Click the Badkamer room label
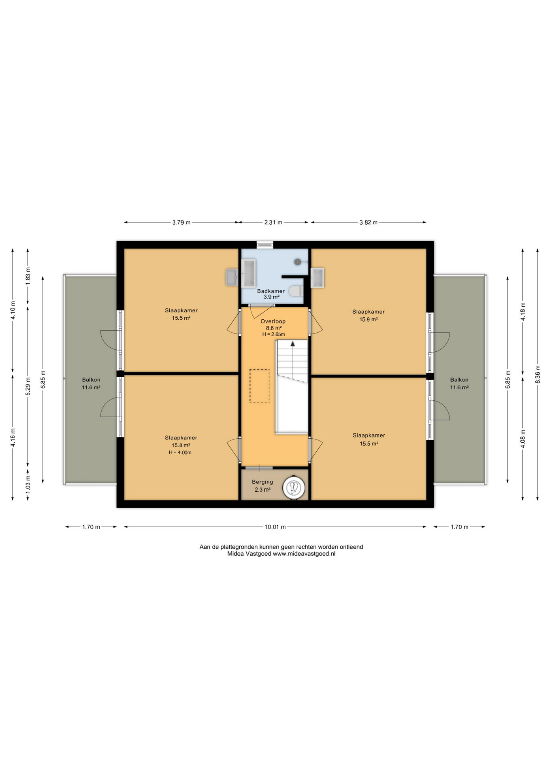[x=271, y=291]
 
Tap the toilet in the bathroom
[x=296, y=291]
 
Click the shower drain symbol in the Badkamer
[x=298, y=262]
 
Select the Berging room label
[x=262, y=482]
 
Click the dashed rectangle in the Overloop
[x=260, y=386]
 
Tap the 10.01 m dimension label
[x=275, y=527]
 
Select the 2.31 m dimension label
[x=273, y=222]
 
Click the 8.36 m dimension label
[x=537, y=374]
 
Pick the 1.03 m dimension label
[x=28, y=485]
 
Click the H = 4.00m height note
[x=180, y=452]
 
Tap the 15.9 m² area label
[x=369, y=319]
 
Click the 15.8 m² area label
[x=181, y=445]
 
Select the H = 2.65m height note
[x=273, y=335]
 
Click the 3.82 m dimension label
[x=368, y=222]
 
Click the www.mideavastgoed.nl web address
[x=304, y=554]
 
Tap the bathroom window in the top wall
[x=265, y=244]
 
